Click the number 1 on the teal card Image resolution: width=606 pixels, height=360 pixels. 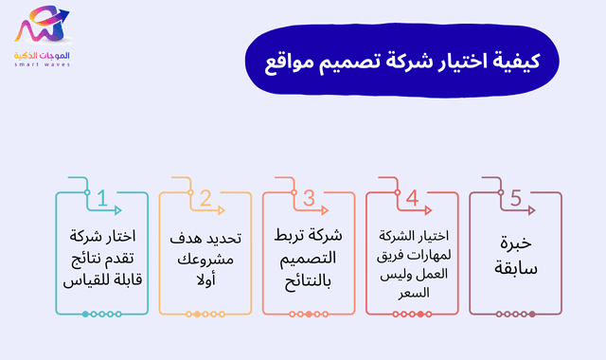[x=102, y=199]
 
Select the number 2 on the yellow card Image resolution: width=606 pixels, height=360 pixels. [x=205, y=199]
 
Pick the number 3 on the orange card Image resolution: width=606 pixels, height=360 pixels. [x=309, y=199]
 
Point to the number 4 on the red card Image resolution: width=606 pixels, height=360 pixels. [x=412, y=199]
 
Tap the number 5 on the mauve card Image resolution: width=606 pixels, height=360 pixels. [x=516, y=199]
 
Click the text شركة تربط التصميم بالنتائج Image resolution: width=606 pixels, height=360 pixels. [x=309, y=257]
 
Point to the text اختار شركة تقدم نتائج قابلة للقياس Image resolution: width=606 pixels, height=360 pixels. [x=102, y=257]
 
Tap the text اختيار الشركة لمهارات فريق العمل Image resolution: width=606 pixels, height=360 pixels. [x=412, y=257]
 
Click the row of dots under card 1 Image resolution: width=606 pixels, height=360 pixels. [x=102, y=314]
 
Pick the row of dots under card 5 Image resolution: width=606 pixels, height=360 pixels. [x=516, y=314]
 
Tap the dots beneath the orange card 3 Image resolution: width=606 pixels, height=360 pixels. [x=309, y=314]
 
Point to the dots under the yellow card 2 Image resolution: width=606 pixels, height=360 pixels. [x=205, y=314]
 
